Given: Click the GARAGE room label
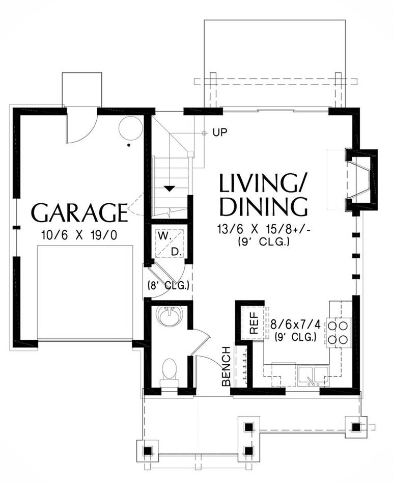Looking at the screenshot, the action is tap(79, 212).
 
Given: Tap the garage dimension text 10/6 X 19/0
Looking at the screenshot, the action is tap(79, 235).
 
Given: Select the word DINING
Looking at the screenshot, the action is tap(263, 207).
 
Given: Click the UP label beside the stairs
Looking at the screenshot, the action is tap(219, 132).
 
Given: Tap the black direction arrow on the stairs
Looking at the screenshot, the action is tap(170, 189).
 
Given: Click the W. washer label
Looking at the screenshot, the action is tap(165, 236).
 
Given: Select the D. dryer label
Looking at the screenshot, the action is tap(176, 252).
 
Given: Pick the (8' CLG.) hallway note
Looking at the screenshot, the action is tap(169, 285).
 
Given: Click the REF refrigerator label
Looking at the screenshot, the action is tap(254, 323).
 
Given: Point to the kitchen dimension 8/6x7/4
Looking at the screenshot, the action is tap(296, 325).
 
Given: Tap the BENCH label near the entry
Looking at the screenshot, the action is tap(227, 366).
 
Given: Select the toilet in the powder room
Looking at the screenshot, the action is tap(170, 373).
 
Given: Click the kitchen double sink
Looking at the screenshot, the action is tap(314, 374).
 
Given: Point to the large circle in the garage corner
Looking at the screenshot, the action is tap(131, 128).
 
